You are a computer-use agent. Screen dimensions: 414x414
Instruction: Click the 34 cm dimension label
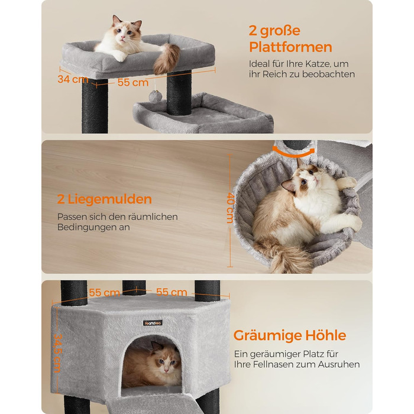pos(73,79)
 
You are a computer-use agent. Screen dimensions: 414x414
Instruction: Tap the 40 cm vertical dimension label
pos(231,208)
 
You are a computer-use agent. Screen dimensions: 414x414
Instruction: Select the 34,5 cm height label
pos(58,353)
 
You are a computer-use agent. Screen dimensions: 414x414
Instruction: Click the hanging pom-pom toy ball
pos(153,96)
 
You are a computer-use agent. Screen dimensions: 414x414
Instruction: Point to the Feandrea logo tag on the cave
pos(153,323)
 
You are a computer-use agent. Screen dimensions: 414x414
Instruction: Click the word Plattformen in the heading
pos(290,47)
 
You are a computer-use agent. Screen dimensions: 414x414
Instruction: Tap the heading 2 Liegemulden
pos(105,199)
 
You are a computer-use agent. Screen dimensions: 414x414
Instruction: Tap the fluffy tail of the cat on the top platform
pos(166,59)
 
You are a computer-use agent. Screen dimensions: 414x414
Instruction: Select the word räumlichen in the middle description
pos(153,217)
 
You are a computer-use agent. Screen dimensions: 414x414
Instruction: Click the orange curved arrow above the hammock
pos(293,153)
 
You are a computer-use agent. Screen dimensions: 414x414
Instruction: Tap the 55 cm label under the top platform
pos(133,82)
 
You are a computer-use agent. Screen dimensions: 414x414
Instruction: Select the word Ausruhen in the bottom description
pos(338,364)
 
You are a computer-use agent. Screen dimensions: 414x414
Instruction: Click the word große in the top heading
pos(280,31)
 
